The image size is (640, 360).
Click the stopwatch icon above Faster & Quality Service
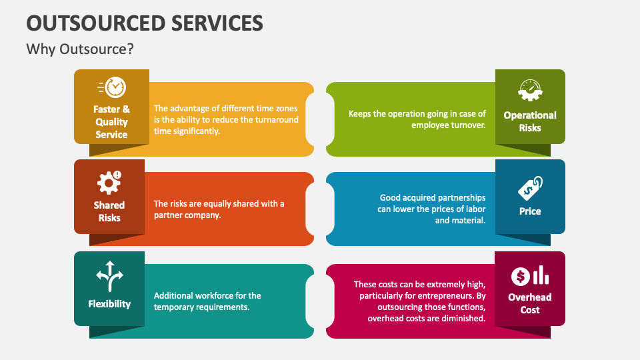[112, 87]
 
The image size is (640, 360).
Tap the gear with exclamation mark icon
[109, 181]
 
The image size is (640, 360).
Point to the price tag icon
[530, 188]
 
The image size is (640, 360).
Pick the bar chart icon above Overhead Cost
[541, 275]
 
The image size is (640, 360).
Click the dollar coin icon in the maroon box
[521, 275]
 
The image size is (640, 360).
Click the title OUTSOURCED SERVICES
[145, 23]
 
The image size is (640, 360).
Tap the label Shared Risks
[109, 211]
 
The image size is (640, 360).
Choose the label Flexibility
[109, 304]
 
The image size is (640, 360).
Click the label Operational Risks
[530, 121]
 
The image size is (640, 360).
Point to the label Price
[530, 211]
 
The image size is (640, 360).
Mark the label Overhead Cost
[530, 303]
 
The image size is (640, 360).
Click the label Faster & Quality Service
[111, 122]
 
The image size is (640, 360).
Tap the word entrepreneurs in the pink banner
[456, 295]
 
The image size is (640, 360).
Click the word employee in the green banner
[432, 125]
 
